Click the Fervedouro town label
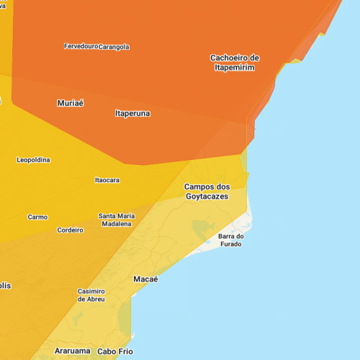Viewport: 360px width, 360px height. coord(81,46)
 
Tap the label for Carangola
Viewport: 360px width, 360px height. coord(114,47)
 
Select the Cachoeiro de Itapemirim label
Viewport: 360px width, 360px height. coord(235,63)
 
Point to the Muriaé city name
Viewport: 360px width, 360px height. coord(71,103)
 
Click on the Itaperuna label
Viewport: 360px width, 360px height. coord(132,113)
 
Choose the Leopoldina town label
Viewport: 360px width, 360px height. coord(34,160)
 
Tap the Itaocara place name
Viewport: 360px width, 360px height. coord(107,180)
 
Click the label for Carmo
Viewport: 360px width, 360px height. coord(37,217)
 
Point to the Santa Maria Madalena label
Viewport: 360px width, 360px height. coord(116,220)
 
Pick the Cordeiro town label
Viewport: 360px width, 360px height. coord(70,230)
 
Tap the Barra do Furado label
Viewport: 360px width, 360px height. coord(232,240)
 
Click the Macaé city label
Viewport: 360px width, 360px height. coord(145,279)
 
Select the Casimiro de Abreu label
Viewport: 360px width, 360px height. coord(91,295)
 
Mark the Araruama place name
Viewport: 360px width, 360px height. coord(73,351)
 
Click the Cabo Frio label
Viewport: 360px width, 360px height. coord(115,351)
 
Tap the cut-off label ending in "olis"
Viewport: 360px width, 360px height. coord(5,286)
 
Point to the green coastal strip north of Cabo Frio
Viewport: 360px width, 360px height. coord(125,317)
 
